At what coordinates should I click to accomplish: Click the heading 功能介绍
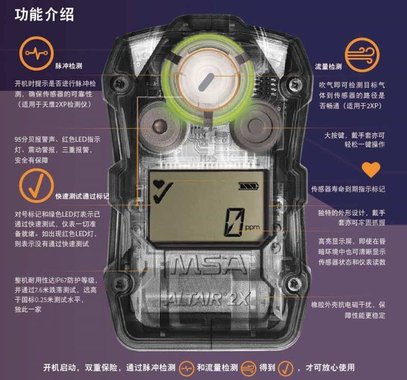(x=44, y=14)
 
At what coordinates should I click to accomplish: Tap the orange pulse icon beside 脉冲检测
(x=36, y=53)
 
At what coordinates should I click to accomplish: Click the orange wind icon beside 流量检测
(x=362, y=55)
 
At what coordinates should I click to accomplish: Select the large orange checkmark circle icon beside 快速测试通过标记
(x=36, y=186)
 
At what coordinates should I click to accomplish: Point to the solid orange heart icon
(x=371, y=170)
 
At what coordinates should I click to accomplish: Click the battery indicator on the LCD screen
(x=249, y=186)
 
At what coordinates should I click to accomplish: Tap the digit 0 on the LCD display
(x=235, y=222)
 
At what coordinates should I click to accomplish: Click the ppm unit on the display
(x=252, y=227)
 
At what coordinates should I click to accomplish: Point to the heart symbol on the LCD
(x=158, y=184)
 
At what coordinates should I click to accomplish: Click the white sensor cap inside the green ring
(x=208, y=81)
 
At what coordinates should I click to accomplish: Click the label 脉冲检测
(x=69, y=66)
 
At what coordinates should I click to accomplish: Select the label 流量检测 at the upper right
(x=328, y=67)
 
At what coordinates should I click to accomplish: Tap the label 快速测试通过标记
(x=82, y=196)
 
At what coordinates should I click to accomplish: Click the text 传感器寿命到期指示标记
(x=348, y=189)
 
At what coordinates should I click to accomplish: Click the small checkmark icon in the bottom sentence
(x=285, y=368)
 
